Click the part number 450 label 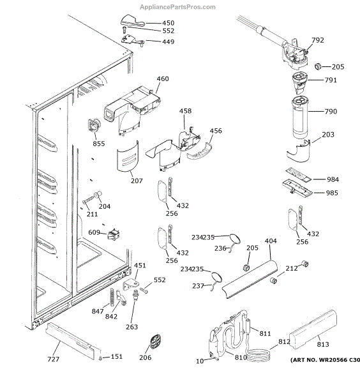(x=169, y=23)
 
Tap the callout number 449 (x=169, y=41)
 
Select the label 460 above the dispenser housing (x=163, y=79)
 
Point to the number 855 (x=99, y=144)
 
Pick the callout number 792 (x=318, y=40)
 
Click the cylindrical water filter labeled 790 (x=300, y=117)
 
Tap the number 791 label (x=331, y=80)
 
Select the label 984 (x=333, y=179)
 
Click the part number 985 (x=332, y=193)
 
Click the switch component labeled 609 (x=114, y=234)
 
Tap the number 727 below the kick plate (x=53, y=359)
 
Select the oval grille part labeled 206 (x=155, y=342)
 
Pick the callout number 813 (x=323, y=344)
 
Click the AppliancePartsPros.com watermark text (x=177, y=7)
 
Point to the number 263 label (x=132, y=327)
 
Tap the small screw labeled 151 (x=100, y=357)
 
